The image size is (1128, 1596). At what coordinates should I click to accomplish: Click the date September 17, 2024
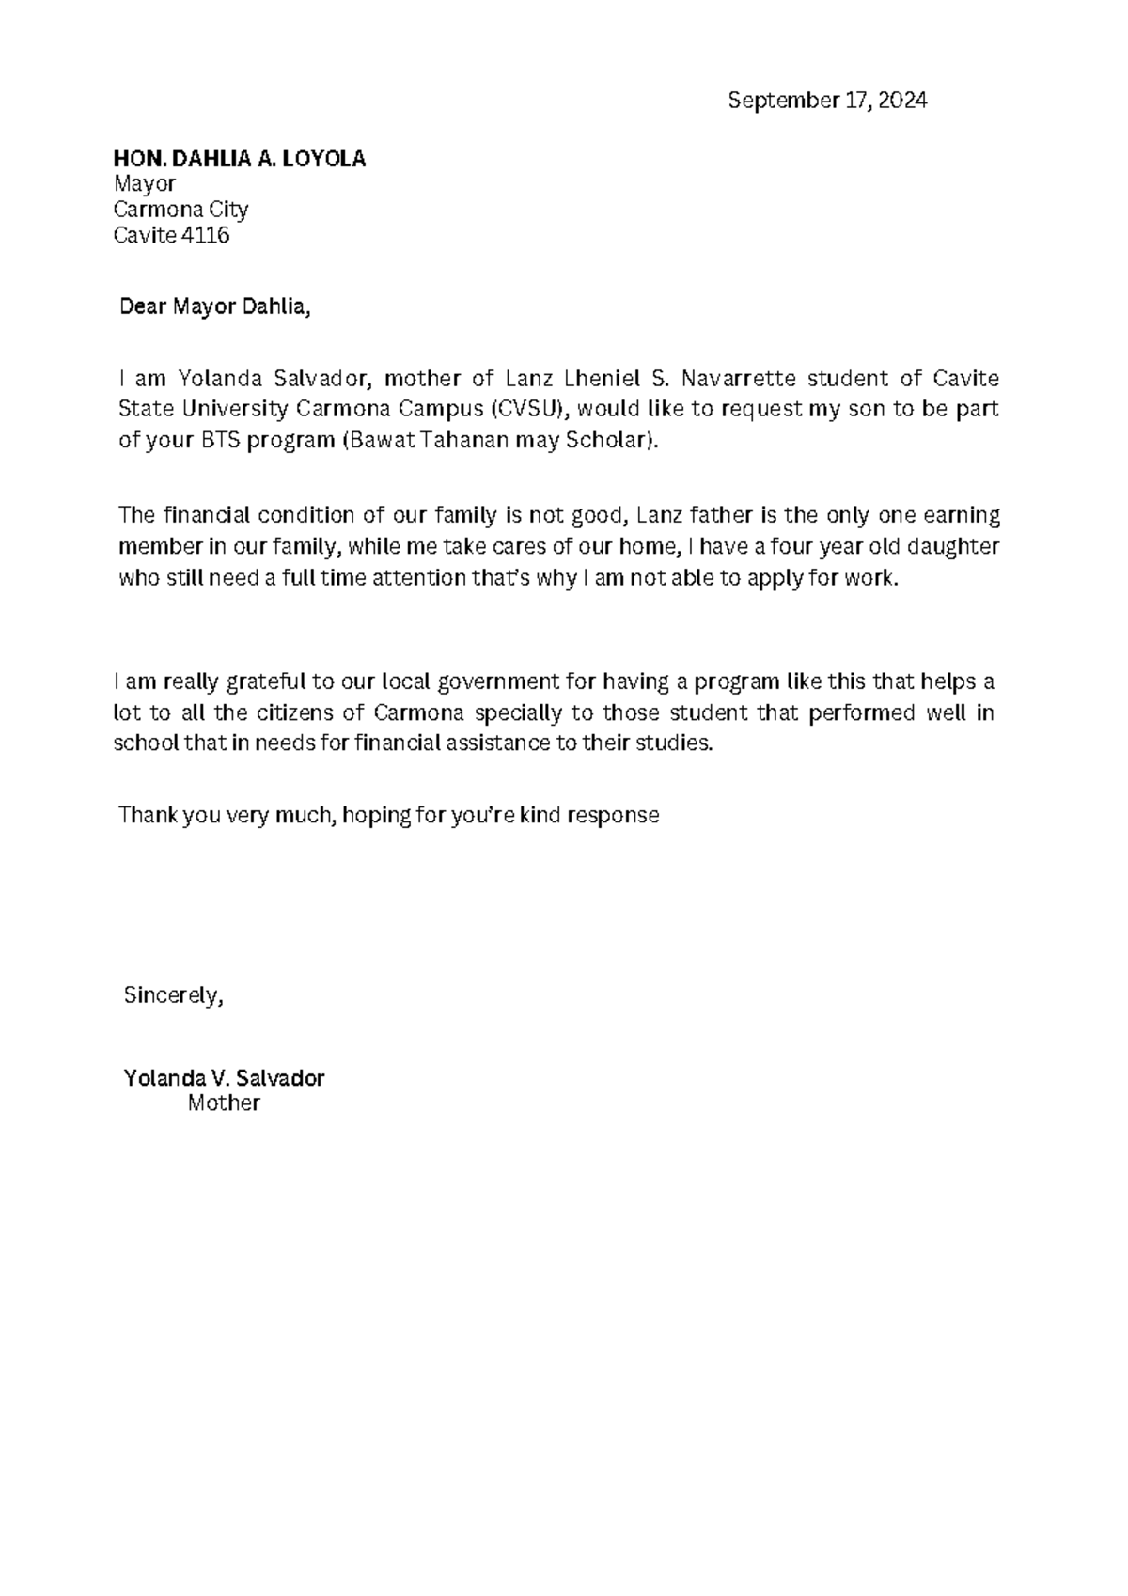click(x=827, y=101)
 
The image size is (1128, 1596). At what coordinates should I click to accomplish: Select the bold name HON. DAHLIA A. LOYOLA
click(x=239, y=159)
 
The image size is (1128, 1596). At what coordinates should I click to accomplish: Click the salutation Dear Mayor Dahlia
click(x=213, y=306)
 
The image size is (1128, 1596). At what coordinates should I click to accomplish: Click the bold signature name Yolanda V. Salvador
click(x=224, y=1078)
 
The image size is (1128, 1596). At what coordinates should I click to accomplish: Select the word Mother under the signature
click(x=224, y=1103)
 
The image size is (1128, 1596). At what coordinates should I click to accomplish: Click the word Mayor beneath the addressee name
click(x=144, y=183)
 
